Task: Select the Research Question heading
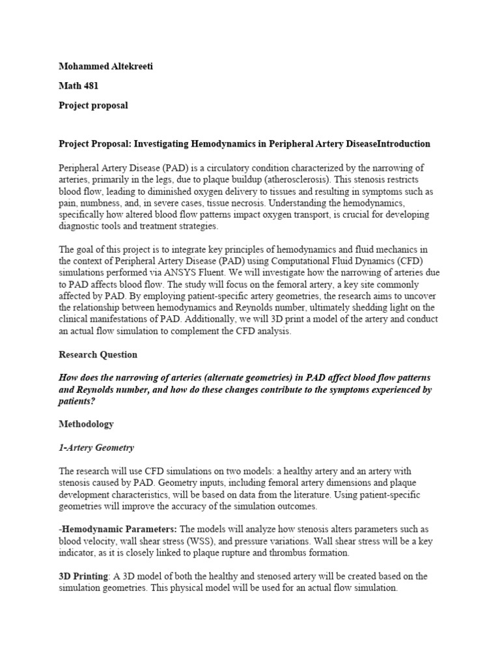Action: (98, 355)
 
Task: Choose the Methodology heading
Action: (87, 424)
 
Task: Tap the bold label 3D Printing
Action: (85, 576)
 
